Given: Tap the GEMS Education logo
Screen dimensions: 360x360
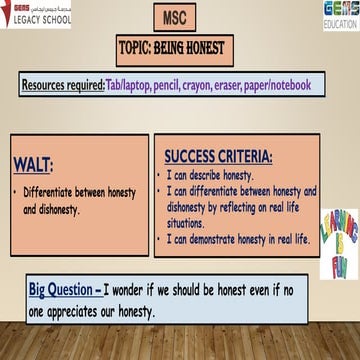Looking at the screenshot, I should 340,14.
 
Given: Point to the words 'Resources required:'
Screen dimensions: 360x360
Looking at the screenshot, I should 62,86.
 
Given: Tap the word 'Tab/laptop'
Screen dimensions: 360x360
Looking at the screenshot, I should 128,86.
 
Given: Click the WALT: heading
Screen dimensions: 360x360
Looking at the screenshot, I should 33,164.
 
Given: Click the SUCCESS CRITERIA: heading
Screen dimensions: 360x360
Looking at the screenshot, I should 218,157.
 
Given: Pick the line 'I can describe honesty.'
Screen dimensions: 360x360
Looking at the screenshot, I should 211,175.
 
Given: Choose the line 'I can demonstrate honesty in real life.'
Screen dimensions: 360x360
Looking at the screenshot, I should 238,240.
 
